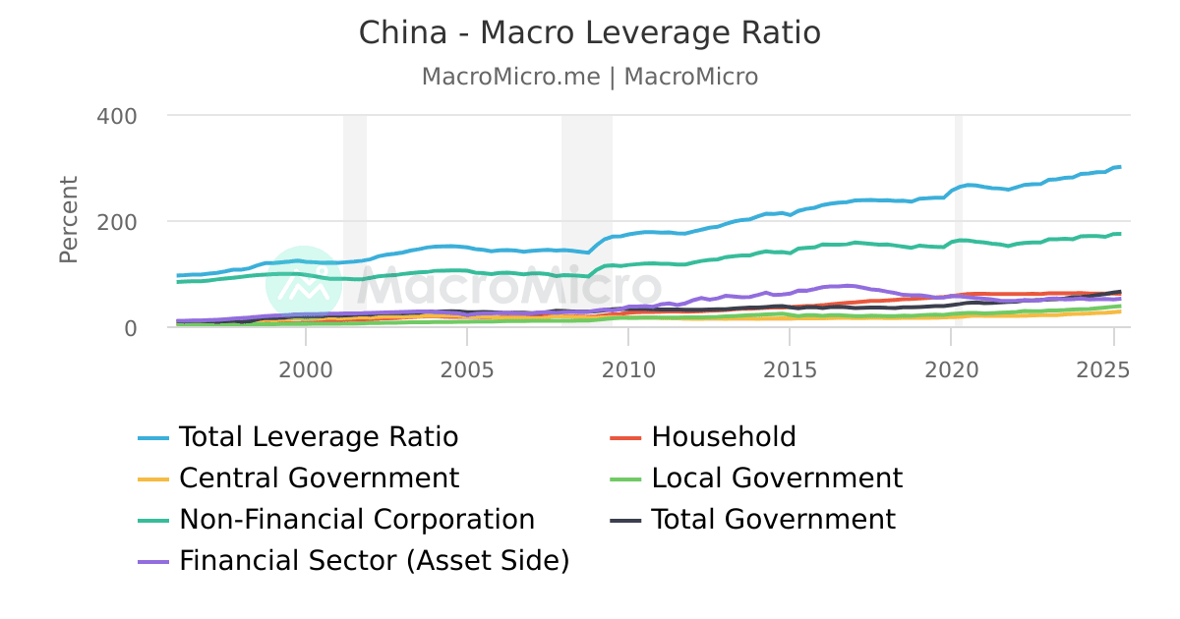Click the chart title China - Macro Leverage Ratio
click(589, 33)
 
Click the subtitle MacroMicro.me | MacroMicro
click(589, 77)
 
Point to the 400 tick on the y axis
click(117, 116)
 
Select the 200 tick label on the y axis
click(117, 222)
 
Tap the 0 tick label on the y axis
click(130, 328)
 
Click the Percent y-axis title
click(68, 219)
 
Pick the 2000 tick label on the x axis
click(305, 369)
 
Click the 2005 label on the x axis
click(466, 369)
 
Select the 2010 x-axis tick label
click(627, 369)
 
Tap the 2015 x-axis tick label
click(789, 369)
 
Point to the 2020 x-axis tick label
click(951, 369)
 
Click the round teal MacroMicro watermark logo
click(304, 284)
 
